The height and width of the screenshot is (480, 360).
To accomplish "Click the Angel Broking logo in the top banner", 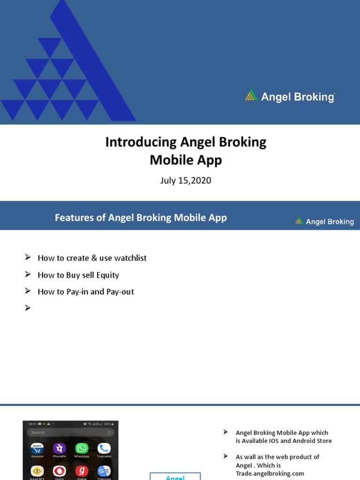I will [290, 97].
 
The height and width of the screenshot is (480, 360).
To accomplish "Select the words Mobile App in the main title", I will [186, 160].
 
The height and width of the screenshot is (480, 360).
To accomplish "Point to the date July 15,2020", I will [186, 180].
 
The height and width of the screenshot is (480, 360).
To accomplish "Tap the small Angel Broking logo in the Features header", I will [324, 221].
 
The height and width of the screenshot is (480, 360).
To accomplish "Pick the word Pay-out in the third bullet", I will [120, 292].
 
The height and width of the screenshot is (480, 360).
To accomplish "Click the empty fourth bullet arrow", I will [28, 308].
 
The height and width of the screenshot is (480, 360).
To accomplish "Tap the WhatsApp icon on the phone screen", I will [82, 449].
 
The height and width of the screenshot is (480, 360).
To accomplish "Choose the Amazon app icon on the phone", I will [37, 449].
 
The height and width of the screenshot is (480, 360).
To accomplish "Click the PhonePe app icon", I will [59, 449].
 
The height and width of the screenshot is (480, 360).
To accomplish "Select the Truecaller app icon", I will [104, 449].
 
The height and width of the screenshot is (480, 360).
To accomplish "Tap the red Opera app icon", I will [59, 471].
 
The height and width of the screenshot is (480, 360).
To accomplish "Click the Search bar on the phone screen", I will [70, 432].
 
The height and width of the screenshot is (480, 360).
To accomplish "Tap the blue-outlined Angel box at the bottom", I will [175, 476].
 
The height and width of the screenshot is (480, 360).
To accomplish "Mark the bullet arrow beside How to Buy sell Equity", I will [28, 275].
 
